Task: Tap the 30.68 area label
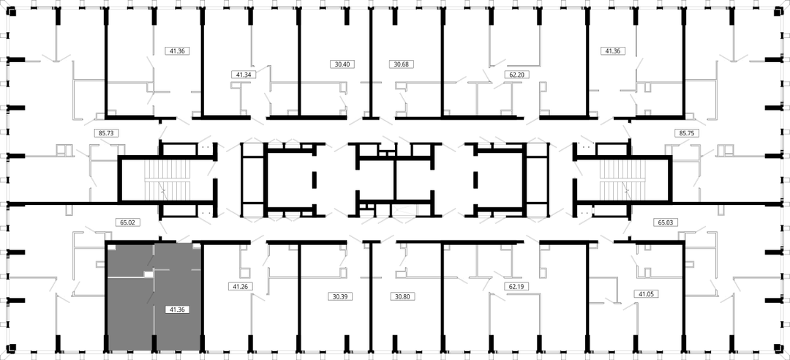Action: [x=402, y=64]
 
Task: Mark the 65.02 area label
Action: [x=127, y=222]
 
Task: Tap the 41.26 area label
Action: [x=240, y=286]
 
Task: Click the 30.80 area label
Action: [x=402, y=296]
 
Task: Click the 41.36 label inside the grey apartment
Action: [x=177, y=310]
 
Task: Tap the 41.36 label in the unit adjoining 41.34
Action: [x=177, y=51]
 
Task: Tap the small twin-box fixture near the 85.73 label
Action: [x=64, y=149]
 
